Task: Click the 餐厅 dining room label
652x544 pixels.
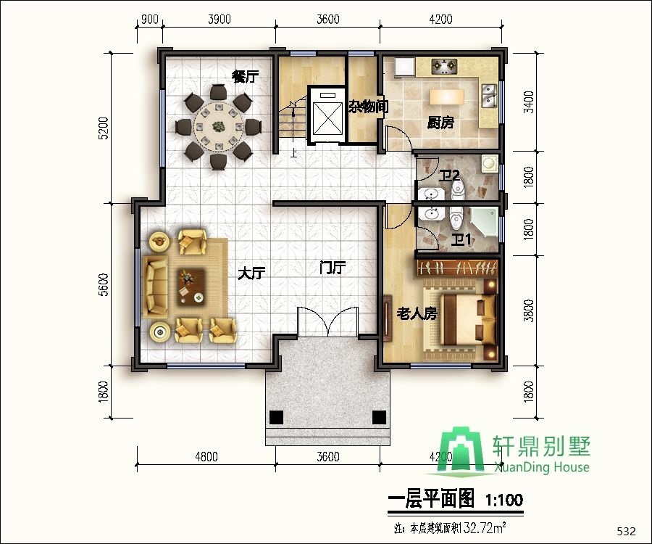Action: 245,77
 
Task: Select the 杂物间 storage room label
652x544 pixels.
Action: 368,107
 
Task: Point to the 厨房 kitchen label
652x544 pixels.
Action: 440,123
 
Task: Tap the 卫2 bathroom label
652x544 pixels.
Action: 450,175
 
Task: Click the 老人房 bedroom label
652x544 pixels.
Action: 417,314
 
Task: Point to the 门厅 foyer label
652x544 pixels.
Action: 333,268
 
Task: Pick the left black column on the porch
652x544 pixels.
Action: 275,417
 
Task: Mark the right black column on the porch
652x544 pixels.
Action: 378,417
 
